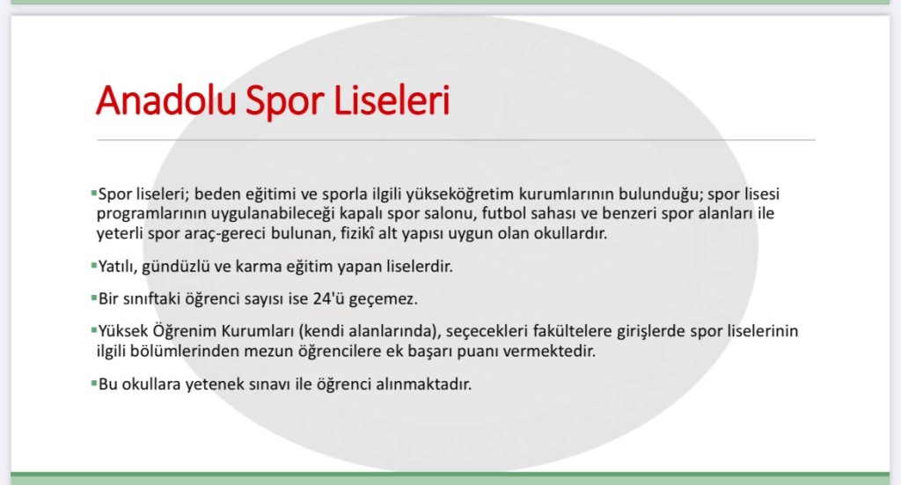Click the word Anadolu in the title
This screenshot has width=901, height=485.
[166, 100]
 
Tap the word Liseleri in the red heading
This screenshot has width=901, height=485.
[392, 100]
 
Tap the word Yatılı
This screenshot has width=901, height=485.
[117, 267]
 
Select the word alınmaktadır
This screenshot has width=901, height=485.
[423, 385]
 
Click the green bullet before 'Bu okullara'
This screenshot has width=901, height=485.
[93, 383]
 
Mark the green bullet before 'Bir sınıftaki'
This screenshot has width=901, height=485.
[93, 298]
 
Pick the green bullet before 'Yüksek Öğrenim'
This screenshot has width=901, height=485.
[93, 330]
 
